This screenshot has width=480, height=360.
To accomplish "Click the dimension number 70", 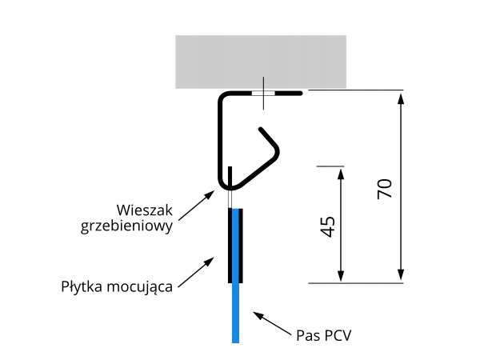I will [383, 189].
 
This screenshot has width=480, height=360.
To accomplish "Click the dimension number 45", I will [326, 226].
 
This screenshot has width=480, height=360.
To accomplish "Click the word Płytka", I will [82, 286].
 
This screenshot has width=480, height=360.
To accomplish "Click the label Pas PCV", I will [324, 333].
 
